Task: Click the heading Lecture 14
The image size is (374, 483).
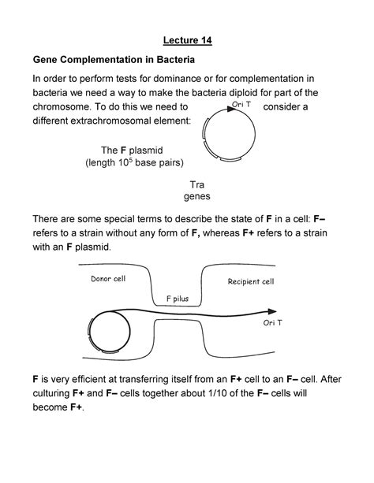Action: [x=186, y=39]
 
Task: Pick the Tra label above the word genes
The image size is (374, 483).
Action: [x=196, y=184]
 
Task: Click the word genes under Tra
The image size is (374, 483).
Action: [x=196, y=196]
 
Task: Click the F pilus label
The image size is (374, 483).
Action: [x=178, y=299]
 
